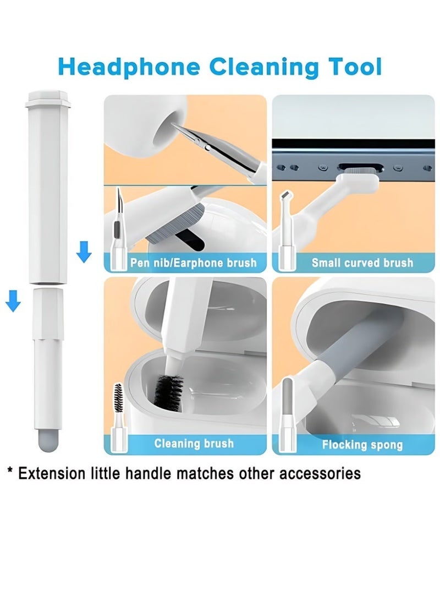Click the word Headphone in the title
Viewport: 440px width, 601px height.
[129, 68]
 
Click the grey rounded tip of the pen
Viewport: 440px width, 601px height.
[48, 440]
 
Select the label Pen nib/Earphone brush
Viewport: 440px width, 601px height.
[194, 263]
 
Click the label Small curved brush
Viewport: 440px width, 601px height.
[362, 263]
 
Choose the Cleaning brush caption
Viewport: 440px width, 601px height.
[194, 444]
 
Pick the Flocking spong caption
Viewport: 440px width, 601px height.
[362, 445]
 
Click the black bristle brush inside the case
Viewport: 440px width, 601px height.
[168, 392]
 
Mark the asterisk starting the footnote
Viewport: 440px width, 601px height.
[10, 471]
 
